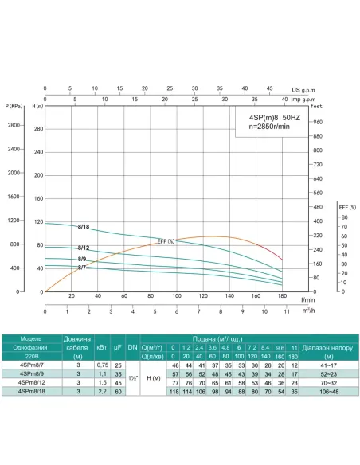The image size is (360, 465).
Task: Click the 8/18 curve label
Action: (x=84, y=227)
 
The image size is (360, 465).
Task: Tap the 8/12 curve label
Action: (x=84, y=248)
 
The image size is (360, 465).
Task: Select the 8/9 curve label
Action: (x=82, y=260)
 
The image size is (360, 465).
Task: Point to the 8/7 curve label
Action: (x=82, y=268)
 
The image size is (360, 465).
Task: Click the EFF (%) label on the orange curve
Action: (x=166, y=241)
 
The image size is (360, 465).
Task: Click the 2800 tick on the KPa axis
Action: (x=14, y=126)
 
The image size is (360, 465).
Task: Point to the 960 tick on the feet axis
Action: (x=318, y=122)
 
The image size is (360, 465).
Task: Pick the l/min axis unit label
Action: (x=306, y=299)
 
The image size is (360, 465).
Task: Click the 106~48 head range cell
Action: (x=328, y=391)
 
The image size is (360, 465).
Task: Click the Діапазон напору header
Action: (x=328, y=347)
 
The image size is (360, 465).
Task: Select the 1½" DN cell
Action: (x=132, y=377)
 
